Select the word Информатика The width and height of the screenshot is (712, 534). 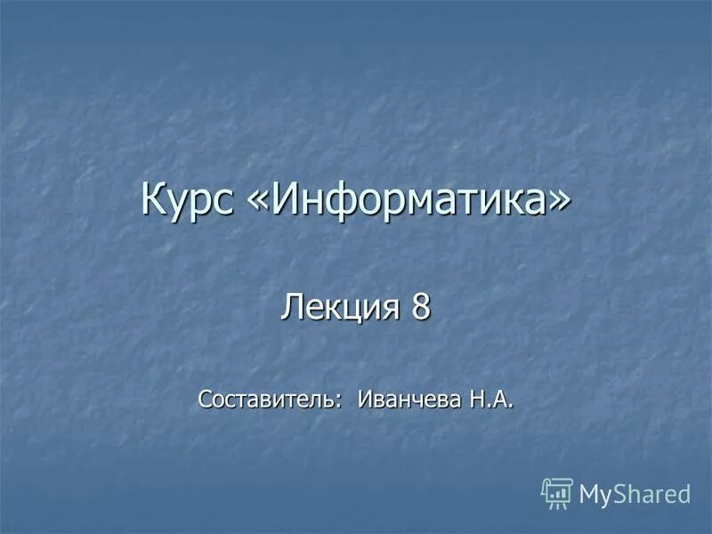pyautogui.click(x=409, y=199)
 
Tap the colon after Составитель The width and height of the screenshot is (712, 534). pyautogui.click(x=342, y=400)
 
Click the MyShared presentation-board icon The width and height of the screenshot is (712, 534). pyautogui.click(x=557, y=492)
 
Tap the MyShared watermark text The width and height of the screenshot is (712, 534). pyautogui.click(x=635, y=494)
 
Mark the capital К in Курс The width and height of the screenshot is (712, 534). pyautogui.click(x=152, y=199)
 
